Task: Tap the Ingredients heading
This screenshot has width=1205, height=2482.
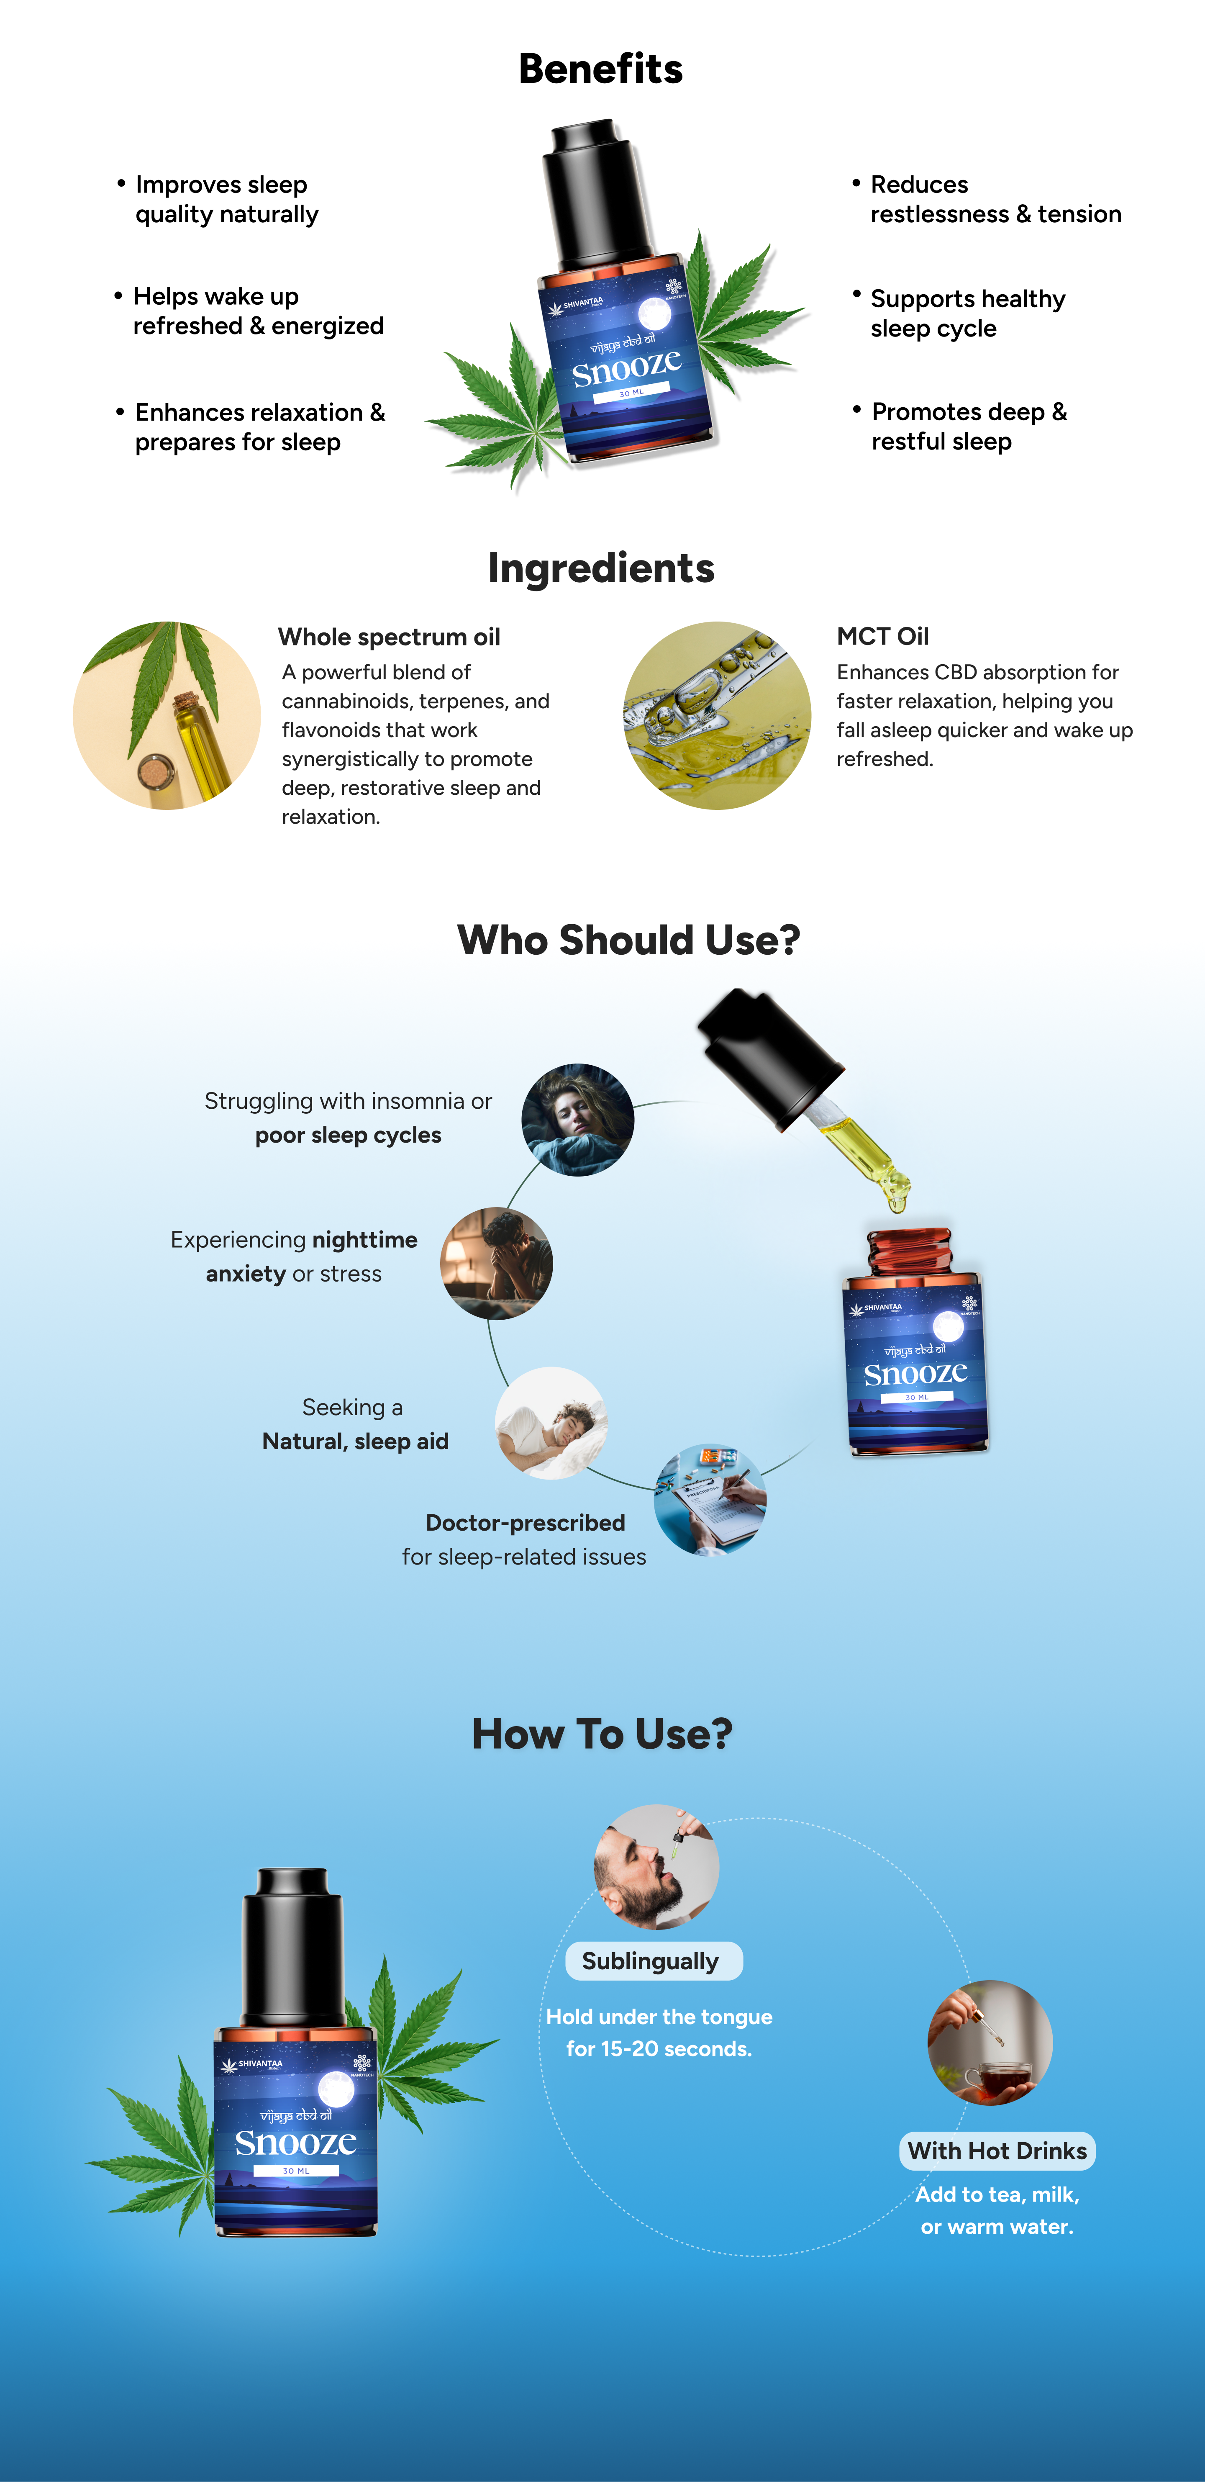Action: coord(601,568)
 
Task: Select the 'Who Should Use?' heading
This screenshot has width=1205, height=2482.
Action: coord(628,939)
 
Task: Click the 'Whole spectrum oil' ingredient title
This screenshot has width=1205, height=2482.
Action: coord(389,637)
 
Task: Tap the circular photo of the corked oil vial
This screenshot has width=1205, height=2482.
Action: coord(167,715)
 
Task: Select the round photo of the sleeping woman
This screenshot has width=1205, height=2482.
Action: coord(578,1120)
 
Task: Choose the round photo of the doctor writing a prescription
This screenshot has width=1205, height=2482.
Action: coord(710,1499)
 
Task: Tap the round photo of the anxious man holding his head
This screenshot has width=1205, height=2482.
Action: coord(496,1263)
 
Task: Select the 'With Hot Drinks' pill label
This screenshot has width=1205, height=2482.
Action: coord(997,2151)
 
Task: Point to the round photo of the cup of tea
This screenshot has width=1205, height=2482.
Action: coord(989,2043)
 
